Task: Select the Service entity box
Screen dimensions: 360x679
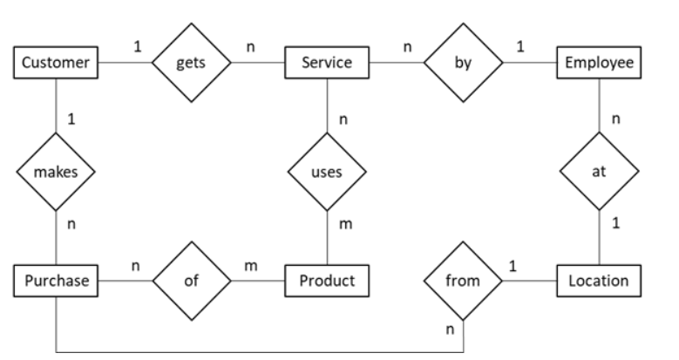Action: coord(327,64)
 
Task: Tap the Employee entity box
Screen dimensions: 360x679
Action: coord(598,64)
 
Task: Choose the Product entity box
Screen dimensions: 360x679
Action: coord(327,282)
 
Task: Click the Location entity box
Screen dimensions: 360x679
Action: coord(598,282)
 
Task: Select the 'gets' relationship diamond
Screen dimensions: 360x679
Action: coord(191,64)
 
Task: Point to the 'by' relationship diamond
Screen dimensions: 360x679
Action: coord(462,64)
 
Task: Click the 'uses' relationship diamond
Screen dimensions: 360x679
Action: coord(327,172)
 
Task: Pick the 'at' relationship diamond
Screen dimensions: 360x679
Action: coord(598,172)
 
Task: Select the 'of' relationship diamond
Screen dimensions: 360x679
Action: coord(191,282)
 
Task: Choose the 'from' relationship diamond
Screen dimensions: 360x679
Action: coord(462,282)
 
